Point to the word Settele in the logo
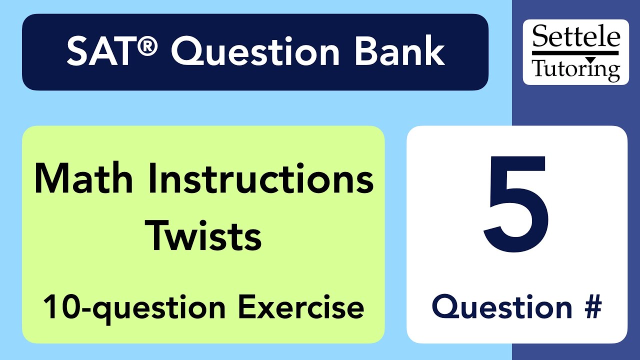pyautogui.click(x=576, y=38)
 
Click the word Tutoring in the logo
pyautogui.click(x=576, y=69)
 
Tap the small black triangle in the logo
pyautogui.click(x=590, y=59)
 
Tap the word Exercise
pyautogui.click(x=300, y=307)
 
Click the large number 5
pyautogui.click(x=516, y=205)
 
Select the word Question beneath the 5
pyautogui.click(x=502, y=306)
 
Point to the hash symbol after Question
pyautogui.click(x=590, y=306)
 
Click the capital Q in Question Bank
pyautogui.click(x=188, y=52)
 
